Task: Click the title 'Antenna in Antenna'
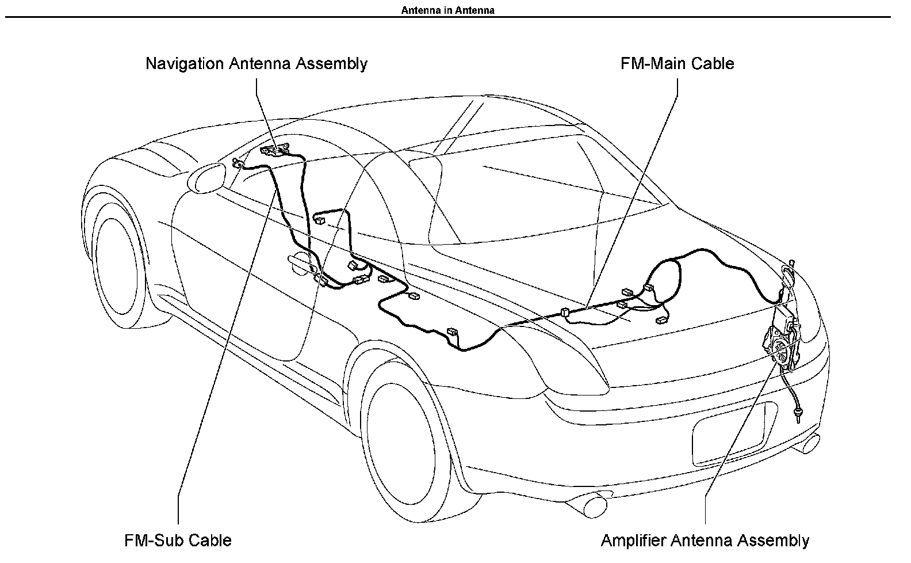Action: (x=448, y=10)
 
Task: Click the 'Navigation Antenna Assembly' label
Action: (x=257, y=64)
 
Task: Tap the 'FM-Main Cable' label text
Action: (x=677, y=63)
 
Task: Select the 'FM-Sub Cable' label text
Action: (x=178, y=540)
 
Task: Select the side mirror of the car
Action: (x=206, y=177)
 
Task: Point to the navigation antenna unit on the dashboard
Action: (x=275, y=150)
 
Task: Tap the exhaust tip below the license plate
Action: (x=807, y=444)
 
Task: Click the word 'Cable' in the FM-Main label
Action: (x=713, y=63)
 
